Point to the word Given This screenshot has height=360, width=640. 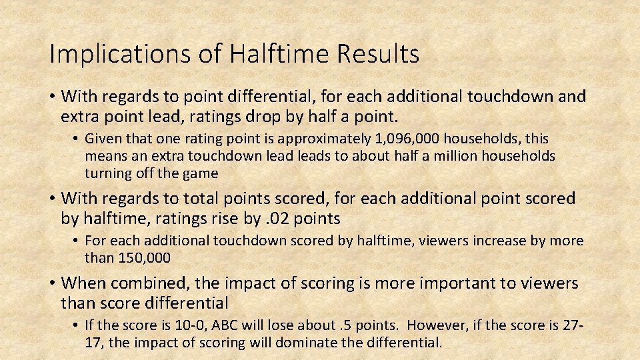(x=103, y=139)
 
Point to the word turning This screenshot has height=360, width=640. (x=107, y=173)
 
